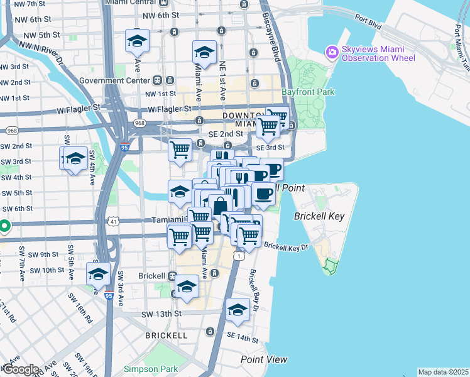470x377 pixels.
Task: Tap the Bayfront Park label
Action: point(309,92)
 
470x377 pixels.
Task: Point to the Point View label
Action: point(264,359)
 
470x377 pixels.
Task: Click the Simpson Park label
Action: point(146,368)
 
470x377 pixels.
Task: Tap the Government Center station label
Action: point(117,80)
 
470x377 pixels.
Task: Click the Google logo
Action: point(20,369)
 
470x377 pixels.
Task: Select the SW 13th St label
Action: point(161,314)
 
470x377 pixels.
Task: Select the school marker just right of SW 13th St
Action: point(238,310)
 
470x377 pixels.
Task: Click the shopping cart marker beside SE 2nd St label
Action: point(180,150)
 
